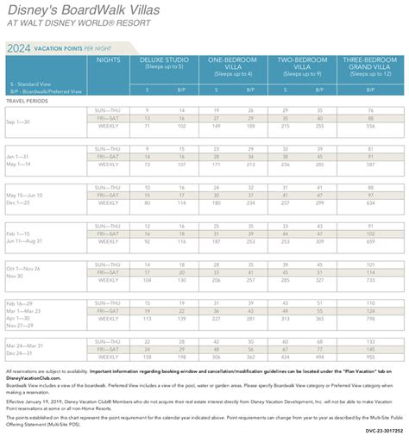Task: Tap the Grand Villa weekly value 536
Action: coord(369,125)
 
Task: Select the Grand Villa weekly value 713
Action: coord(369,280)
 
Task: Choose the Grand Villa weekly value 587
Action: coord(369,164)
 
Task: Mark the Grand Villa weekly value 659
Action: coord(369,241)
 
